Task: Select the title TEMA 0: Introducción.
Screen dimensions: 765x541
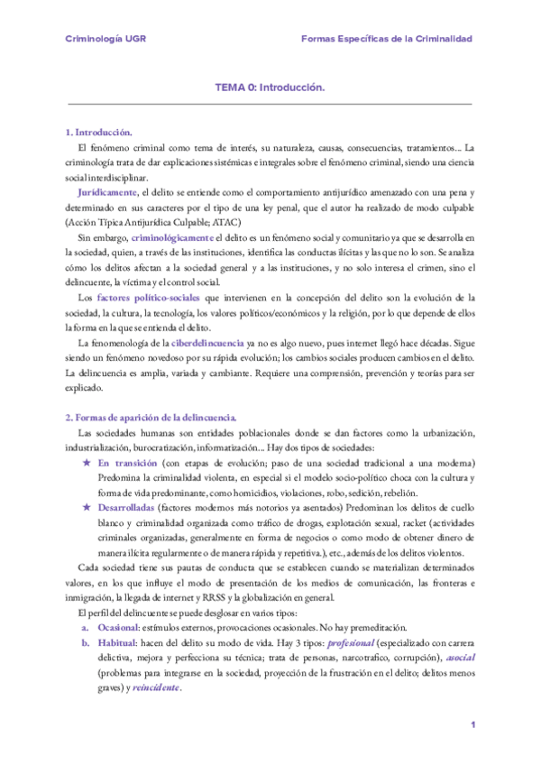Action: tap(270, 89)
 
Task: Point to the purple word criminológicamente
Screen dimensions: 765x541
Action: tap(180, 236)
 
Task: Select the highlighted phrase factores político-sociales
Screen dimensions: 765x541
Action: tap(149, 297)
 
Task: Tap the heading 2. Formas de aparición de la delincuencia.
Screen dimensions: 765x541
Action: tap(151, 418)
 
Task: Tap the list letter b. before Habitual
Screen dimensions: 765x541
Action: tap(85, 643)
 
